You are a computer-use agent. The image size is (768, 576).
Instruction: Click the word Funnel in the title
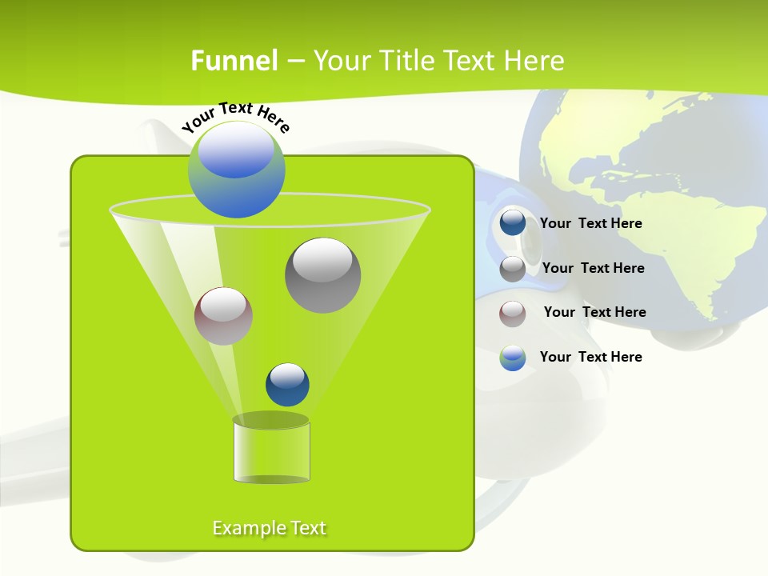(x=234, y=61)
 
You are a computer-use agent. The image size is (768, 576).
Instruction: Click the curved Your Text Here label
(x=235, y=116)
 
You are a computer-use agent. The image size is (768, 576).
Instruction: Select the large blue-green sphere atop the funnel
(x=236, y=170)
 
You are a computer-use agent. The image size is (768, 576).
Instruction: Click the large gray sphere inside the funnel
(x=322, y=275)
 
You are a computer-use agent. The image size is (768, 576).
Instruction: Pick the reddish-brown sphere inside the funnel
(x=223, y=316)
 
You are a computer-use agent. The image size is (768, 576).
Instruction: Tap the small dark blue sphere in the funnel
(x=287, y=385)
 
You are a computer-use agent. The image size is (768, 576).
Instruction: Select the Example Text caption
(x=270, y=528)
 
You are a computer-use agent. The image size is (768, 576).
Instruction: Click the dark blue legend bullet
(x=513, y=223)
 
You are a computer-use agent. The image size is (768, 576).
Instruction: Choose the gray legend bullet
(x=513, y=269)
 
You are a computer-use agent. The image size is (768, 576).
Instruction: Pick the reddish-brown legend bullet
(x=513, y=313)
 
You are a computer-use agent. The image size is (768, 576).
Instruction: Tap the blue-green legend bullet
(x=513, y=358)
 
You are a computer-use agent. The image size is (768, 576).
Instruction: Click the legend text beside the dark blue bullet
(x=590, y=224)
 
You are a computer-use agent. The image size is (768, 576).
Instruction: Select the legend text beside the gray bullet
(x=593, y=268)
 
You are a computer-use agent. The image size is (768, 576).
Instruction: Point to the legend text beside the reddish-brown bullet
(x=594, y=312)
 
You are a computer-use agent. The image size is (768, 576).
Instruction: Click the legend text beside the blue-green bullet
(x=590, y=357)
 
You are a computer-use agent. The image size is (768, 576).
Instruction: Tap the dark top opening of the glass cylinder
(x=270, y=420)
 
